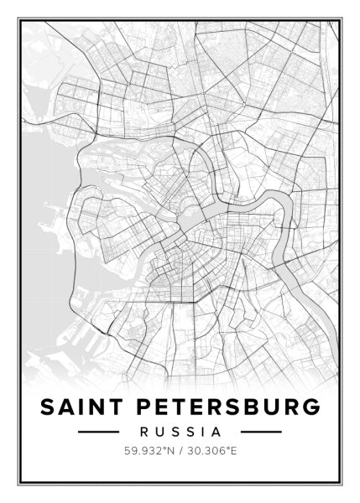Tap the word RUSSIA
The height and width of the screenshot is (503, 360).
pyautogui.click(x=180, y=433)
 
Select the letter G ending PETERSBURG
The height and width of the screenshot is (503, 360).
pyautogui.click(x=311, y=407)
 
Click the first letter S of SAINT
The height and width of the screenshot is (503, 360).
pyautogui.click(x=48, y=407)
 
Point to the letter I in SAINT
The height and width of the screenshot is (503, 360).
pyautogui.click(x=82, y=407)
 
